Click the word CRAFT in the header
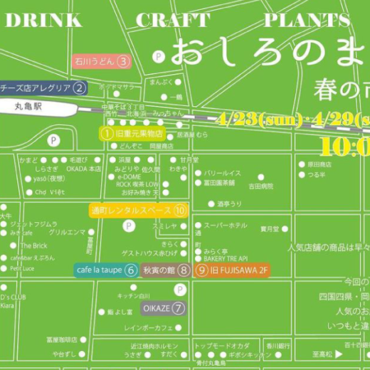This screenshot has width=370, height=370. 173,21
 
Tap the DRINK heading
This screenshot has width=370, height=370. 44,21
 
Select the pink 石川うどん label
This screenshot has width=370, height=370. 102,61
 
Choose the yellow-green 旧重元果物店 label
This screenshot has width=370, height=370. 132,133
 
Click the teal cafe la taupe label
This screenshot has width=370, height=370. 106,270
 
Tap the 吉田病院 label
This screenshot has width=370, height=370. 260,186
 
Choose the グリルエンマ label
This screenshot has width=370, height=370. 67,233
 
